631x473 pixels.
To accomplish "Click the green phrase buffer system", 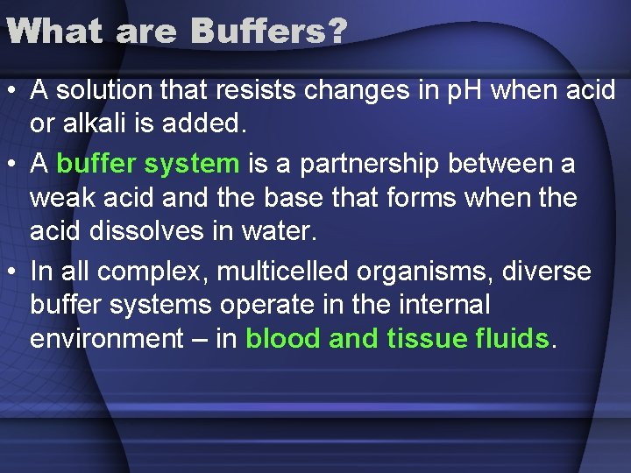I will click(147, 164).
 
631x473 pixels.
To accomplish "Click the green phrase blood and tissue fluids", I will click(397, 339).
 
